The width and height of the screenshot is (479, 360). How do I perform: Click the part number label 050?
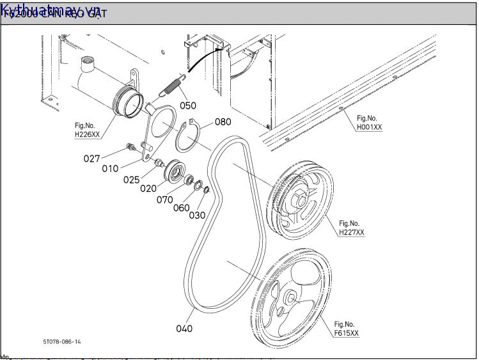pyautogui.click(x=187, y=106)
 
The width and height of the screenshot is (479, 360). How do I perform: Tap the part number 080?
pyautogui.click(x=223, y=121)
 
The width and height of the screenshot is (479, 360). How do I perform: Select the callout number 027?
pyautogui.click(x=92, y=159)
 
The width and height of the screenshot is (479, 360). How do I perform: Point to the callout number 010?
pyautogui.click(x=110, y=169)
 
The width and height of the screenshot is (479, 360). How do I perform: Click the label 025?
pyautogui.click(x=131, y=180)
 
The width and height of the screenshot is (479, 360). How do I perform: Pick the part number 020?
pyautogui.click(x=148, y=189)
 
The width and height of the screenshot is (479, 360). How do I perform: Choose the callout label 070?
pyautogui.click(x=164, y=200)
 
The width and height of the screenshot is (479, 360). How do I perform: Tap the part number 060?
pyautogui.click(x=181, y=207)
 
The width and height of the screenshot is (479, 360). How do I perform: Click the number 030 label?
pyautogui.click(x=196, y=215)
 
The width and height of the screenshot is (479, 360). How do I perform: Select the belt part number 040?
pyautogui.click(x=184, y=329)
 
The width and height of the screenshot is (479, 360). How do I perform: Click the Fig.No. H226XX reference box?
pyautogui.click(x=87, y=130)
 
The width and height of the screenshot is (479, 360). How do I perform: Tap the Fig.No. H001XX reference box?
pyautogui.click(x=369, y=123)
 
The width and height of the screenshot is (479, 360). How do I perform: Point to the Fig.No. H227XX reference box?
pyautogui.click(x=351, y=228)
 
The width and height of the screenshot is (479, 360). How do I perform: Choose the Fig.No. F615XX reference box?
pyautogui.click(x=346, y=329)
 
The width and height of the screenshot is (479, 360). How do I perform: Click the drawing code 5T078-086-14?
pyautogui.click(x=62, y=342)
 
